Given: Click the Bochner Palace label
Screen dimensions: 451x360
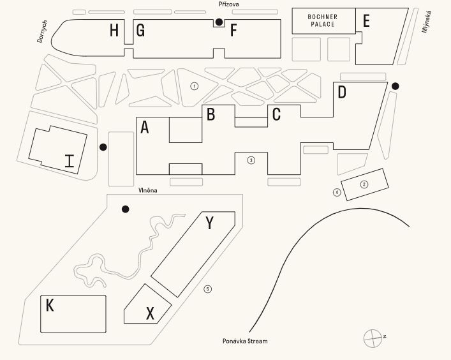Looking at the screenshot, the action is coord(322,20).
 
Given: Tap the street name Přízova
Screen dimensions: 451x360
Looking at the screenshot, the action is coord(228,4).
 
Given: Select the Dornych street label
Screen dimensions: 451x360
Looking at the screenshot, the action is coord(42,31).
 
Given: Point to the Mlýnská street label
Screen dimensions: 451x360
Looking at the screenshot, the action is coord(427,22).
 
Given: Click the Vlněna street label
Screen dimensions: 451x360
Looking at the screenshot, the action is coord(148,190).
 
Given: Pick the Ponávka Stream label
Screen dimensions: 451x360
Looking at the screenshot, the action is coord(245,341).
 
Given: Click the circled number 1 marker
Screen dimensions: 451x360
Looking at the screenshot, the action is coord(195,86).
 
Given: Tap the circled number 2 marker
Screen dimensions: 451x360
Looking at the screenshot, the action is coord(364,184).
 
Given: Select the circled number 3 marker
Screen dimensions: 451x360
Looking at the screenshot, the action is coord(251,160).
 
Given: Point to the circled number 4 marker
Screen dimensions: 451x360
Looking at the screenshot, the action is coord(337,192).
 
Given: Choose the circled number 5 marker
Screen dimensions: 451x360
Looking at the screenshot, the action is coord(208,289).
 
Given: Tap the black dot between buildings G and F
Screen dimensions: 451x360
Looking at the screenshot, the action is coord(219,22).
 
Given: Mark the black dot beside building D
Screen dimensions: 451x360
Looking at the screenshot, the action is coord(396,86).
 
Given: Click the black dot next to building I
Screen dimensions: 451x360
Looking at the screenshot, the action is coord(103,147).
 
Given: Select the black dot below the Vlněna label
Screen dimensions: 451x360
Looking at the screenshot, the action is coord(125,209).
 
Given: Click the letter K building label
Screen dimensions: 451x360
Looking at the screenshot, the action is coord(50,305).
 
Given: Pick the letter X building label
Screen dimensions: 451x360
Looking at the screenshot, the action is coord(150,313).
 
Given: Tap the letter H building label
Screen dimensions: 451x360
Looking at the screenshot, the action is coord(114,30).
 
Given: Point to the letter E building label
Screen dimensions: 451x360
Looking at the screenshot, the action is coord(366,20).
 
